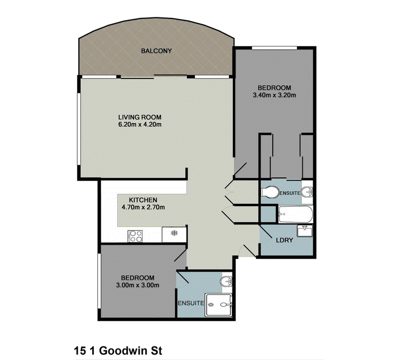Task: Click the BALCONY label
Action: click(156, 51)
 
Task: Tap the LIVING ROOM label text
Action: click(140, 117)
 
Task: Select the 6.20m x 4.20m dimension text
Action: click(140, 125)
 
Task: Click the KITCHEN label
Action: click(143, 200)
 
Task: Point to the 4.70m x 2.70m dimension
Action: click(143, 207)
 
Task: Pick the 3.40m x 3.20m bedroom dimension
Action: click(274, 95)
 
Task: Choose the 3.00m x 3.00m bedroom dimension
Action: click(138, 285)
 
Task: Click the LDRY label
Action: click(284, 240)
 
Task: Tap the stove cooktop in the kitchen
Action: click(135, 236)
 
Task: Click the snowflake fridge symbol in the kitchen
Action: click(174, 233)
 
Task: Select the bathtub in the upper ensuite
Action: click(295, 214)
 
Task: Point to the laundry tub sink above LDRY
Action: click(305, 231)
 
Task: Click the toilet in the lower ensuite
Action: click(226, 281)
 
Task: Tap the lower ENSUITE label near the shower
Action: click(191, 303)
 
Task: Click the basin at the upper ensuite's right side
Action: click(307, 192)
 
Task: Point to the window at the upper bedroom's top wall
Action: click(274, 47)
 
